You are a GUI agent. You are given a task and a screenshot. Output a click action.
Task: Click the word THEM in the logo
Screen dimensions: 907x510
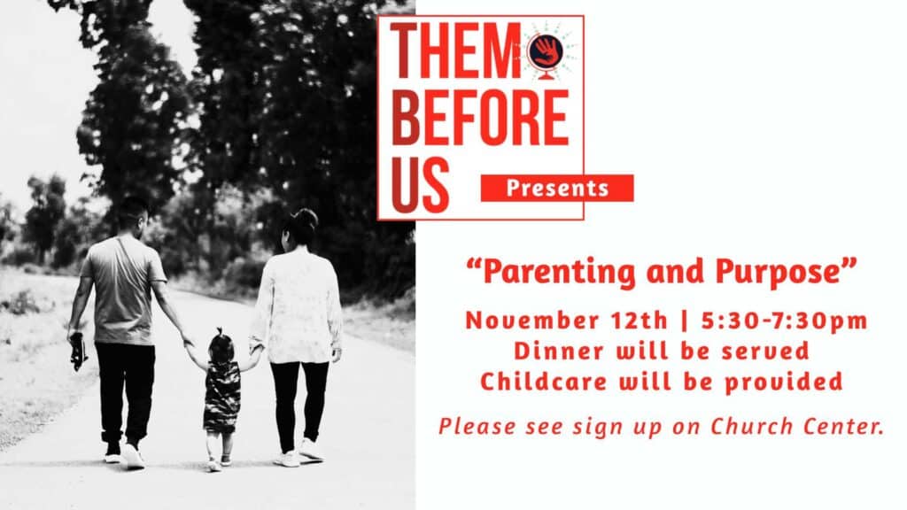pos(456,50)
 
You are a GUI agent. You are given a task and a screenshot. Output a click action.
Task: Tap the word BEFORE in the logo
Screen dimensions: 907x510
pos(480,118)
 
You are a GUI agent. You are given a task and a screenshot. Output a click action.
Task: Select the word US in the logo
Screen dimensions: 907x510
pos(420,185)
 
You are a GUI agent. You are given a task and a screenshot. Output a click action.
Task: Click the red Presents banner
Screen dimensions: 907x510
pos(557,188)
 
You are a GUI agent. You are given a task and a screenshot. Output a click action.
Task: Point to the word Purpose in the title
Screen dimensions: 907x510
pos(777,273)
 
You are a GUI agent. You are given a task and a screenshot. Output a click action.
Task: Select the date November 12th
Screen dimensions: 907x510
pos(567,321)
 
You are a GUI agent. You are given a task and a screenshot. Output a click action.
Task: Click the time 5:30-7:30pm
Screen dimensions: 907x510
pos(785,321)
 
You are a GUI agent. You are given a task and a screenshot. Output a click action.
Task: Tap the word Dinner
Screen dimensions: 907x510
pos(559,351)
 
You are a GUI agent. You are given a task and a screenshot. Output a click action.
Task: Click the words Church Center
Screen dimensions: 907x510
pos(798,427)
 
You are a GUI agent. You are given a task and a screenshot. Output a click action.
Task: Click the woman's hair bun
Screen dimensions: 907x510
pos(307,219)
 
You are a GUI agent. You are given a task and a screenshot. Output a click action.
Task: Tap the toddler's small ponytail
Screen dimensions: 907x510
pos(220,334)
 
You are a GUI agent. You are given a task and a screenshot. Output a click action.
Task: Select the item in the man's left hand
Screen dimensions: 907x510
pos(78,351)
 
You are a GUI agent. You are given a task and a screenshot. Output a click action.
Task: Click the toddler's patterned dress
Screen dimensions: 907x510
pos(221,397)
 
